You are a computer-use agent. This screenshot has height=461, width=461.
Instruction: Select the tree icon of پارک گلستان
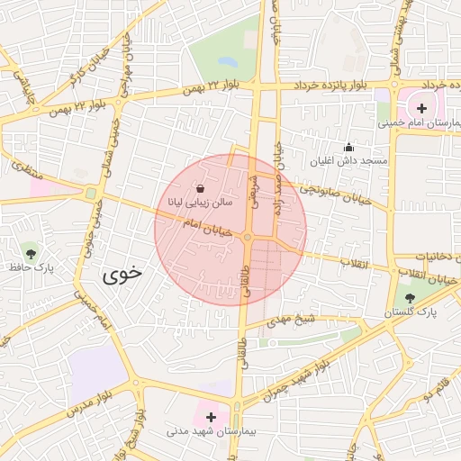(411, 298)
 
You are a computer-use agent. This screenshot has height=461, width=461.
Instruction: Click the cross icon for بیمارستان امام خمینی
(421, 108)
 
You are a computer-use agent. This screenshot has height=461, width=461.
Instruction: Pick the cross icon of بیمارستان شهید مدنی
(212, 417)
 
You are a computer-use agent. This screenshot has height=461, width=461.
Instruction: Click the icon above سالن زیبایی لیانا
(200, 189)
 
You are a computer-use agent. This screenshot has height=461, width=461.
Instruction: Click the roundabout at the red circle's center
(248, 238)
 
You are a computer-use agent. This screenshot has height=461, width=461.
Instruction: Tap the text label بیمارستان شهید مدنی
(212, 432)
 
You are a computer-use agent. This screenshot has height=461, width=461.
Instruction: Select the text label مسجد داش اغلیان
(348, 161)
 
